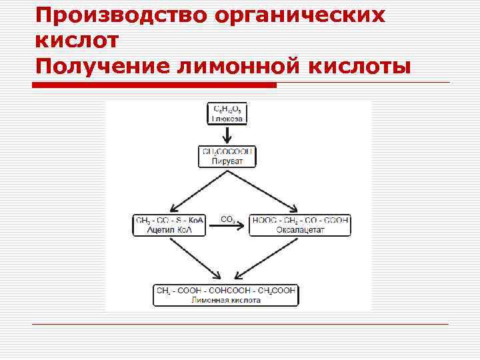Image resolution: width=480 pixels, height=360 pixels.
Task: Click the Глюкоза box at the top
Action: pyautogui.click(x=227, y=113)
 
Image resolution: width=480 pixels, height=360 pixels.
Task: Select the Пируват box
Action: pyautogui.click(x=227, y=157)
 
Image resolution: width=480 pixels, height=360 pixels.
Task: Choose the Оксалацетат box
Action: pyautogui.click(x=299, y=225)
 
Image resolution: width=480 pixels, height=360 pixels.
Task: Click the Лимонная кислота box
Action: pyautogui.click(x=226, y=295)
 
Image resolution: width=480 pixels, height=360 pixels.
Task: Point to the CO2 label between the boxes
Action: pyautogui.click(x=227, y=219)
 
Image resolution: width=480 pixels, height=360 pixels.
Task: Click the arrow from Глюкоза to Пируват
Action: pyautogui.click(x=227, y=135)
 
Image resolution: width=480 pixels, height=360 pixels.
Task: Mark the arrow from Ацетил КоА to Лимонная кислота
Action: pyautogui.click(x=195, y=258)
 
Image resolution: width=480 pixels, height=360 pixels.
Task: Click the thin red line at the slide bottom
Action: pyautogui.click(x=240, y=324)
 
